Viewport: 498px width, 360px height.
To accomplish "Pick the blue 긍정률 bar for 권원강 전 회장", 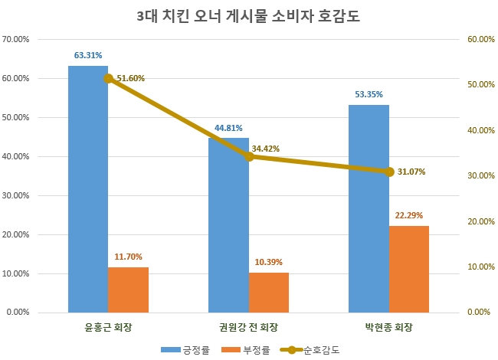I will point(228,225).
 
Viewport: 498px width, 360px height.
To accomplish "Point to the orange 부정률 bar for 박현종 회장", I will point(408,269).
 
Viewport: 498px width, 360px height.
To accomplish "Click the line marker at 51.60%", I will point(108,78).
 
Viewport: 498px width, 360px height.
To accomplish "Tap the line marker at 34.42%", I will point(249,156).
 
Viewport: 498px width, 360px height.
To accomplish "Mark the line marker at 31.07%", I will point(389,172).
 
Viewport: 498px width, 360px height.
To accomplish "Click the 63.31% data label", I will point(88,55).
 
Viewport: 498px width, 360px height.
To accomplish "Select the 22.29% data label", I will point(408,215).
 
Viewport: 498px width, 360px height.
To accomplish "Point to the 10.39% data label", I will point(268,262).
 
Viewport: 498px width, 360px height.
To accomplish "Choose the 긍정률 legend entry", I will point(185,349).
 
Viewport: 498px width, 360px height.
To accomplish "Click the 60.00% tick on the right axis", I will point(481,39).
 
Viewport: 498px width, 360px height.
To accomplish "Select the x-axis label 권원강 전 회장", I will point(249,328).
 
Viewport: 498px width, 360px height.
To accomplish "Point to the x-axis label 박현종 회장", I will point(388,328).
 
